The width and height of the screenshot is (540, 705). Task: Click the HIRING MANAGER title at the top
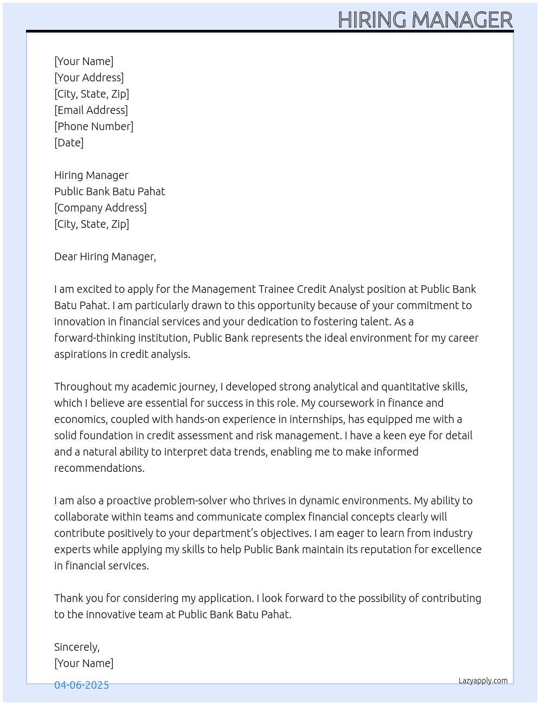pos(425,20)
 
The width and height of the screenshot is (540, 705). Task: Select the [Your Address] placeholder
pos(89,78)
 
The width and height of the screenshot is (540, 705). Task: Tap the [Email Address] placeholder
pos(91,110)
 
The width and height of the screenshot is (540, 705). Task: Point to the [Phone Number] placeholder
pos(94,126)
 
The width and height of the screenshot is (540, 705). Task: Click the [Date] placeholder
pos(69,143)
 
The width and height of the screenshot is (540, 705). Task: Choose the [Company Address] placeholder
pos(100,208)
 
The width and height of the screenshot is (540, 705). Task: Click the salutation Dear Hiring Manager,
pos(105,257)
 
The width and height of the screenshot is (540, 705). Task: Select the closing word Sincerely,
pos(77,647)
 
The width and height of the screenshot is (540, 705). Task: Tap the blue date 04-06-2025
pos(81,685)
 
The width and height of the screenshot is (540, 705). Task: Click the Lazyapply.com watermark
pos(483,681)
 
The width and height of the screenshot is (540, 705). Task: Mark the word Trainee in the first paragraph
pos(276,289)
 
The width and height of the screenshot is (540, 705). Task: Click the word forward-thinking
pos(94,338)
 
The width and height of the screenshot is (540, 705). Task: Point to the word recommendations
pos(99,468)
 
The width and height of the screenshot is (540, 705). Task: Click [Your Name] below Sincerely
pos(84,663)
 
